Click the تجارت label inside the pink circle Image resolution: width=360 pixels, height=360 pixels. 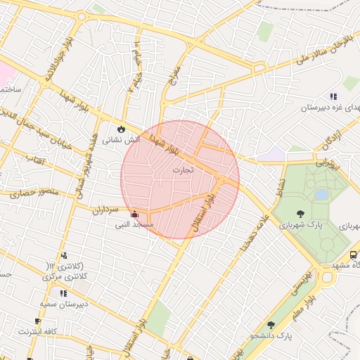(182, 170)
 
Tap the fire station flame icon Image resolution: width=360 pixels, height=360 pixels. (122, 129)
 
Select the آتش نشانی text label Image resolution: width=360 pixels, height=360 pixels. (122, 141)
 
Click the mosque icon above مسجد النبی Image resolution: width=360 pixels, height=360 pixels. (134, 214)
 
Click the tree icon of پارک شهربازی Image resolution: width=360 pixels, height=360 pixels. (301, 214)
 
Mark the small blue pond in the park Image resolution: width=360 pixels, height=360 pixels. (321, 194)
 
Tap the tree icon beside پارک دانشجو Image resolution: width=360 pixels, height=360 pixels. (271, 325)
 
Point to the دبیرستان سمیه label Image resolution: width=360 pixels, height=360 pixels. (63, 304)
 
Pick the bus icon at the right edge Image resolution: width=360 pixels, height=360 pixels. (353, 255)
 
